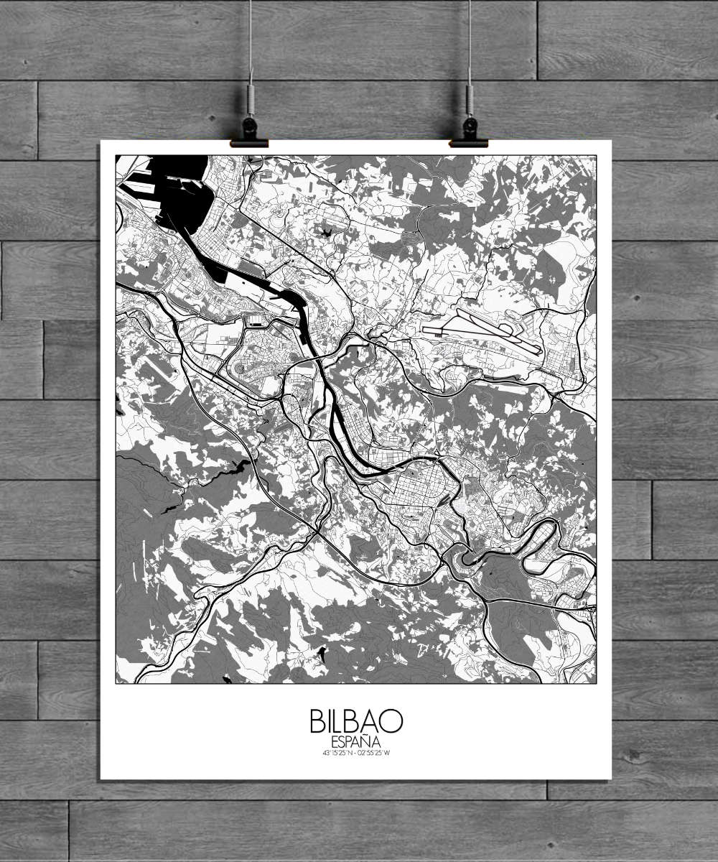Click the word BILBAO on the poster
pyautogui.click(x=356, y=721)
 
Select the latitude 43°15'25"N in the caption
pyautogui.click(x=337, y=753)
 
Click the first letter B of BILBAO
pyautogui.click(x=317, y=721)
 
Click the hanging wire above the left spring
pyautogui.click(x=251, y=36)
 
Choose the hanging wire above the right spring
pyautogui.click(x=470, y=36)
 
